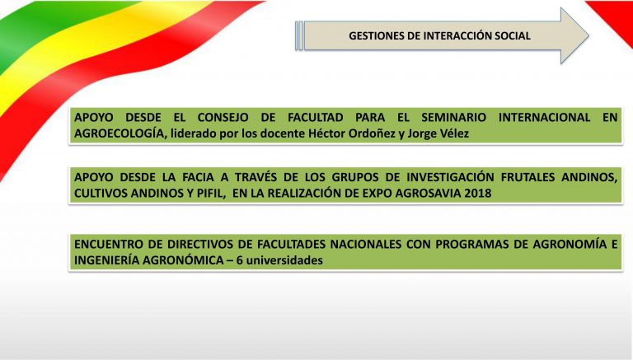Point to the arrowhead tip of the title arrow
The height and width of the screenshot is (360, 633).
588,35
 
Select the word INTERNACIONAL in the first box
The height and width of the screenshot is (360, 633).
544,118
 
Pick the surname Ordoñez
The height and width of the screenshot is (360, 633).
372,133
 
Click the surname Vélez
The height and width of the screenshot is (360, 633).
453,133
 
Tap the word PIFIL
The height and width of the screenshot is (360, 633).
210,194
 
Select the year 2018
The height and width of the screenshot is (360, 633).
478,194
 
